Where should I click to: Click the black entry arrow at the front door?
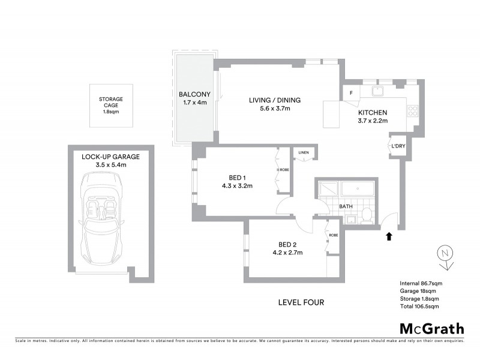click(389, 236)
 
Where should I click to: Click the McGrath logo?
click(431, 328)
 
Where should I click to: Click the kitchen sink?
click(378, 91)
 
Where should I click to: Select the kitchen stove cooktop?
click(413, 110)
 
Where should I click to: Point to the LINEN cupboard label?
click(304, 154)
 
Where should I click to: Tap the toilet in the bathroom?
click(367, 215)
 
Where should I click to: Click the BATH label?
click(346, 206)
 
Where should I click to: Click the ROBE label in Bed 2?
click(333, 235)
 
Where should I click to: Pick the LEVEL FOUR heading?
click(301, 302)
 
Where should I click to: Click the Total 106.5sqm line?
click(419, 307)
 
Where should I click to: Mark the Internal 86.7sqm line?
click(421, 283)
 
